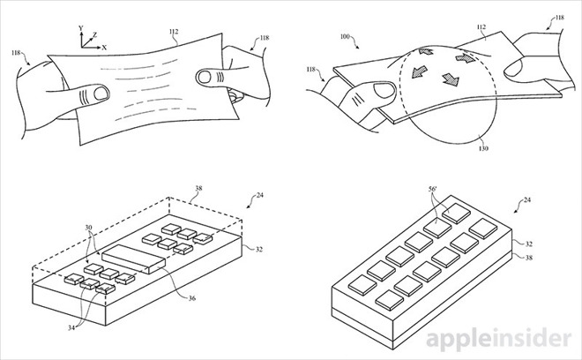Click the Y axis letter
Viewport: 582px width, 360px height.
click(81, 28)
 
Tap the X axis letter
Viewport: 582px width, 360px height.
click(104, 48)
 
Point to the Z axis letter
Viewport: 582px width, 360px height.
click(95, 35)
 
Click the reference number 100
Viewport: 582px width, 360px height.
click(345, 37)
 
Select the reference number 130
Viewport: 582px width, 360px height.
click(483, 148)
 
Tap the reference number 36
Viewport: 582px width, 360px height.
click(191, 298)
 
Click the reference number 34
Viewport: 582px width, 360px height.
click(71, 327)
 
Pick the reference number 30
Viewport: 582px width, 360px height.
click(88, 228)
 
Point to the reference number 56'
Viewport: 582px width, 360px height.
click(432, 189)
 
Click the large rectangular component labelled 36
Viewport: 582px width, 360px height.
click(134, 259)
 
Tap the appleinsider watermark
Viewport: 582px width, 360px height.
click(499, 339)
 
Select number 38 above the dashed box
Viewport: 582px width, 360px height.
click(198, 188)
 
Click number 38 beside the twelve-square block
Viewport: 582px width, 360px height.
click(529, 257)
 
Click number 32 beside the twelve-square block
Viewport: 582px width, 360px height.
click(529, 244)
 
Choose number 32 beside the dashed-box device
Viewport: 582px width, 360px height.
click(258, 249)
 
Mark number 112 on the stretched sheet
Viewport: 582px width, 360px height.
click(174, 32)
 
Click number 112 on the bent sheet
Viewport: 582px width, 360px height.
click(481, 27)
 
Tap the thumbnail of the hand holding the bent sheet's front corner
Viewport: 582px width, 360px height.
click(384, 91)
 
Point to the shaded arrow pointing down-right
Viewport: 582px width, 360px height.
click(451, 79)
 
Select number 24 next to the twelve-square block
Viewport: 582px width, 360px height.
click(526, 200)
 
